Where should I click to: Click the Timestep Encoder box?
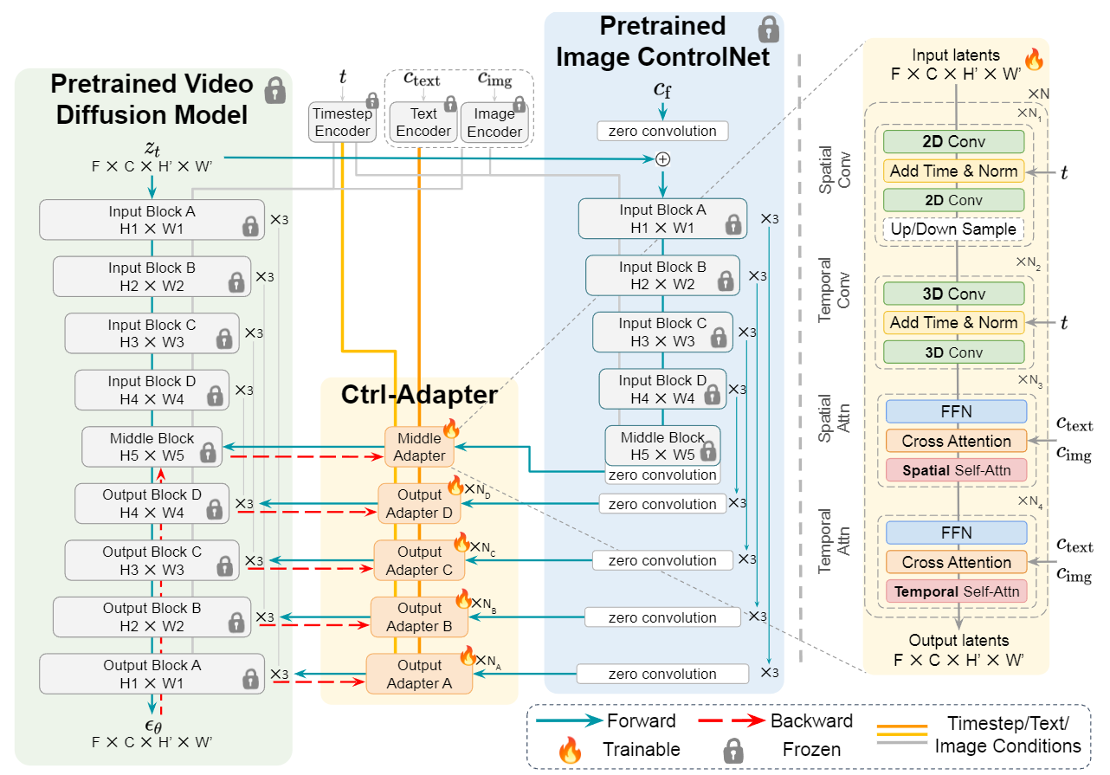(342, 122)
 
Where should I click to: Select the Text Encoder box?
(423, 122)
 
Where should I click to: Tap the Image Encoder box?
(494, 122)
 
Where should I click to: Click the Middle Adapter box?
(420, 447)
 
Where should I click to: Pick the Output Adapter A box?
(419, 674)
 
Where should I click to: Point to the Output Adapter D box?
(419, 504)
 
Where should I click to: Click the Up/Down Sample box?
(953, 230)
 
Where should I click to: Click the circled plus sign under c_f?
(663, 159)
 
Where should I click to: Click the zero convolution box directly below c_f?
(662, 131)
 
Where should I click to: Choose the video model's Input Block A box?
(152, 220)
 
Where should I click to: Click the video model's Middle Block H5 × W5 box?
(152, 447)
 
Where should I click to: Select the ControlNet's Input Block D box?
(662, 389)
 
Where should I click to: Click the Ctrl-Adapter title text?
(419, 395)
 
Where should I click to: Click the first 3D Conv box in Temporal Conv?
(953, 294)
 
